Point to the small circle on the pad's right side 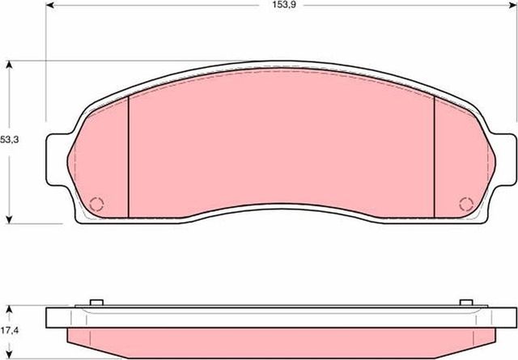point(465,204)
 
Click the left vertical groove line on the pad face point(129,158)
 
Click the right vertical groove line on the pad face point(435,158)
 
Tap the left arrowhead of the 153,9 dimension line point(50,6)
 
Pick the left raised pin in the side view point(95,304)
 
